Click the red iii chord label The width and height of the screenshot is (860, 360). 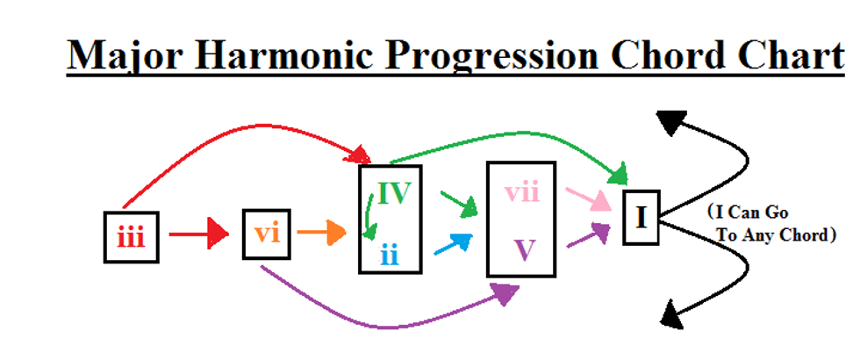131,237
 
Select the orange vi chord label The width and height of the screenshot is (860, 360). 265,234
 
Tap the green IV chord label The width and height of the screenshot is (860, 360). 394,193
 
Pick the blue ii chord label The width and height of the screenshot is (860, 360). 390,256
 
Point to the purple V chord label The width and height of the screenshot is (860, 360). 524,250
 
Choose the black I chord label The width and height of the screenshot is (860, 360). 641,216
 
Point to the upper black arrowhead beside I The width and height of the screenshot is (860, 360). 669,124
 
